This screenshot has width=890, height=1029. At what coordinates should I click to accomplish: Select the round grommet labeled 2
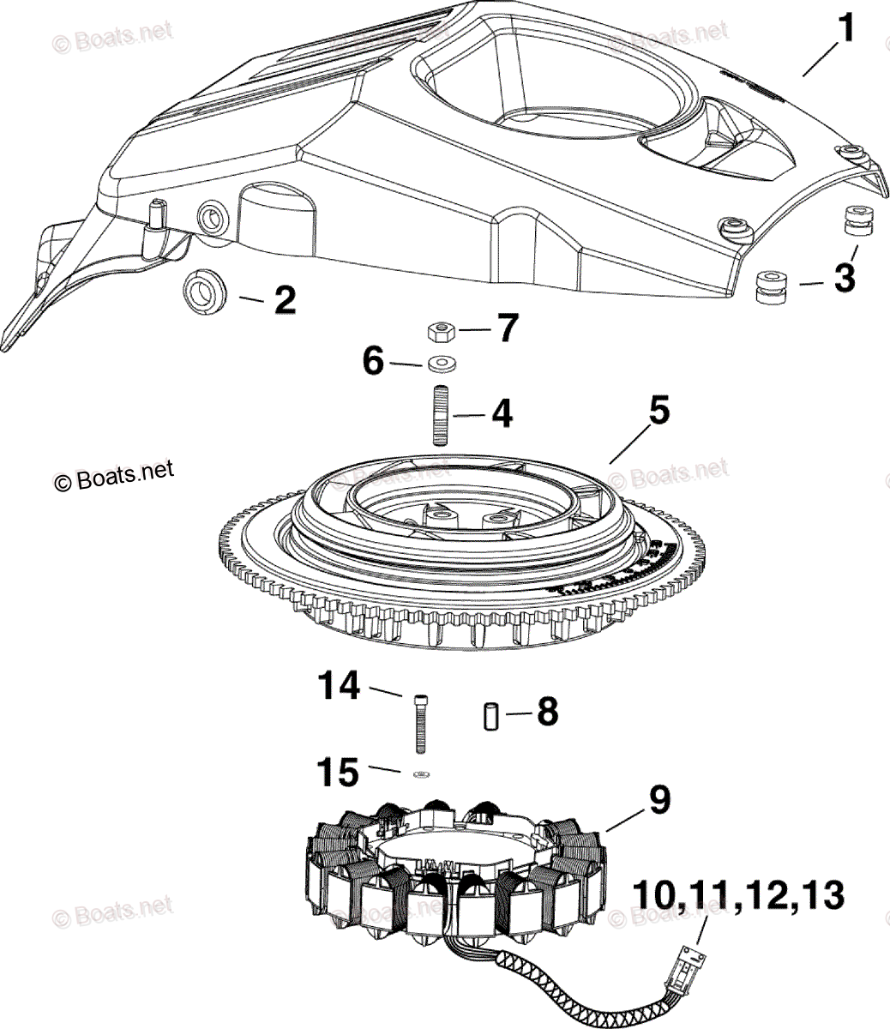[x=204, y=293]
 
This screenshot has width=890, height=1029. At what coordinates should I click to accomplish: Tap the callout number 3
[x=844, y=279]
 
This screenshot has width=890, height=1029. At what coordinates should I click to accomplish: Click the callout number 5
[x=658, y=411]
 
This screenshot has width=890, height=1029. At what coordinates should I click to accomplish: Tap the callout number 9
[x=659, y=800]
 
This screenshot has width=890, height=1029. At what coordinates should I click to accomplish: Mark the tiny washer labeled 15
[x=420, y=775]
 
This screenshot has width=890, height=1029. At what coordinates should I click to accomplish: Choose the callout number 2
[x=285, y=299]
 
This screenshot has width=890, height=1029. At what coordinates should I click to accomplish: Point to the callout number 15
[x=336, y=773]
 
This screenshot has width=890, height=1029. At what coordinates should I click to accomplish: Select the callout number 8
[x=546, y=713]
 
